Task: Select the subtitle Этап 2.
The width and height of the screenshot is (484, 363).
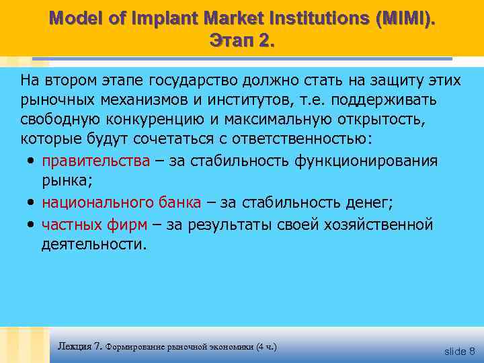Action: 242,40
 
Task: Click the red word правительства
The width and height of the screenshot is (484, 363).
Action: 95,161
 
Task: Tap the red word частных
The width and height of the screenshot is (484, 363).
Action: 72,225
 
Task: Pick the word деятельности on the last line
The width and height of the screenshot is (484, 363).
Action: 92,243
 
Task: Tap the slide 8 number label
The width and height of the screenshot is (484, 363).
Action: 460,351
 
